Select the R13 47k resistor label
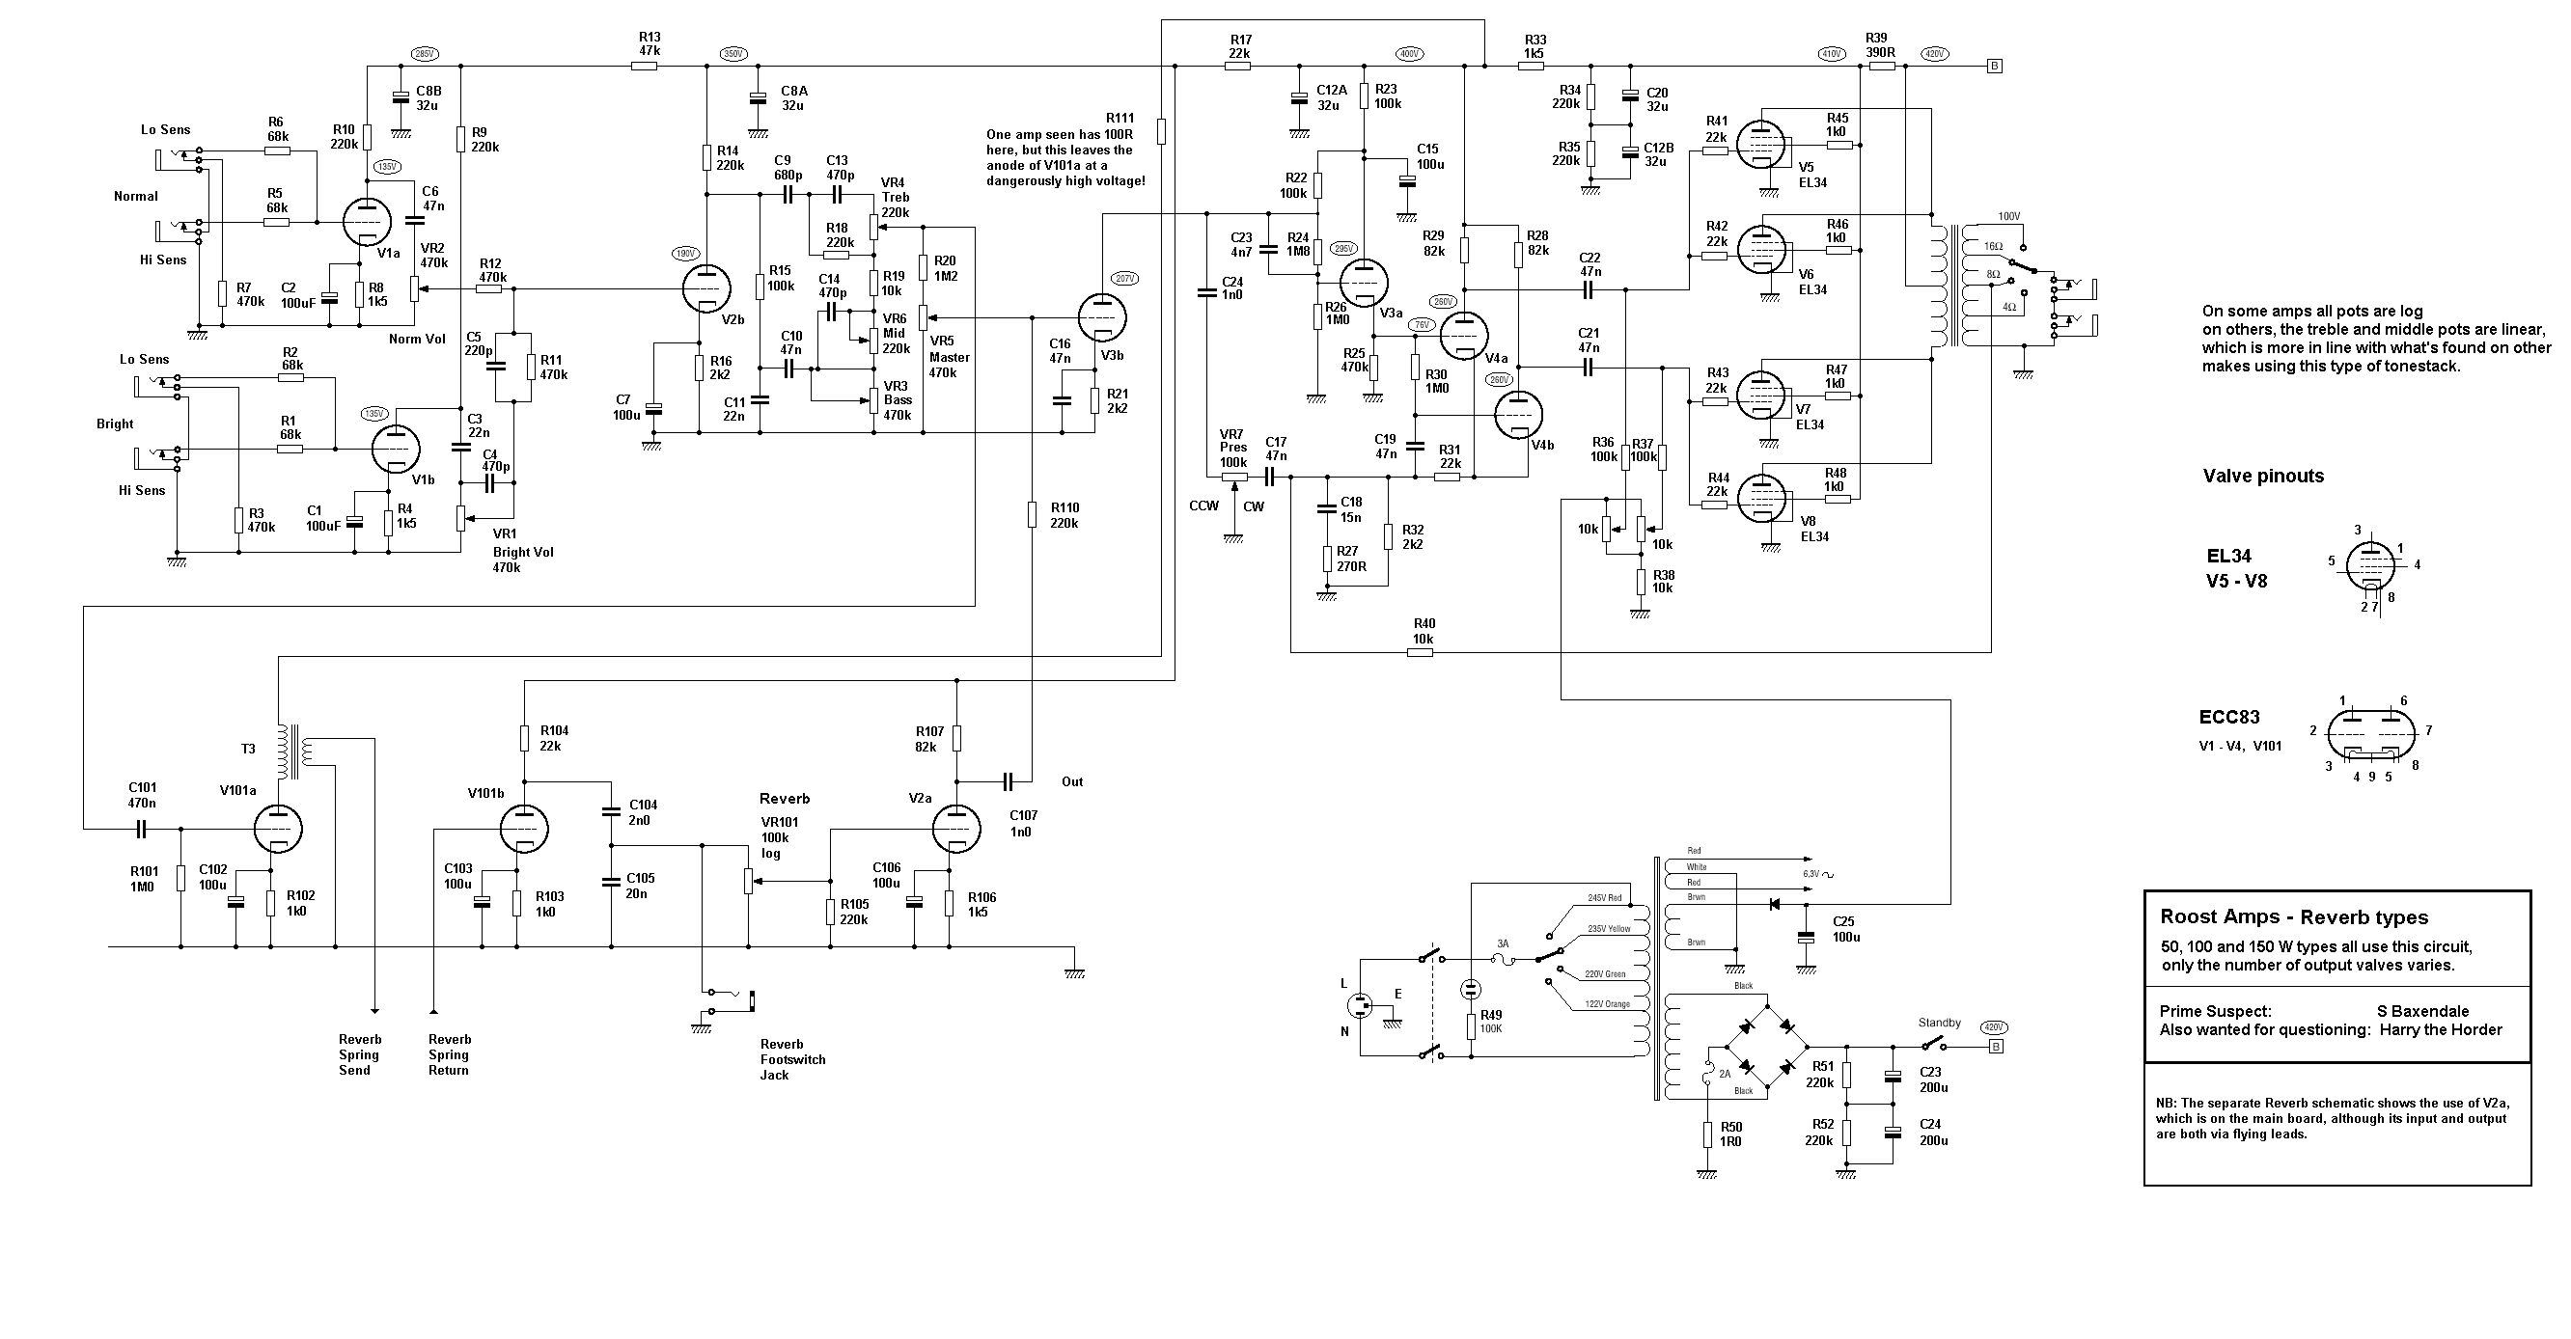650,44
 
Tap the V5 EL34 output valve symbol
1760,146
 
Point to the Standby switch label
1939,1023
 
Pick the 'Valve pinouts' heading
2262,476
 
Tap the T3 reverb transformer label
249,749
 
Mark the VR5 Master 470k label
948,356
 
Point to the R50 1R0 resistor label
1730,1134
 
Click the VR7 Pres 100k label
1232,448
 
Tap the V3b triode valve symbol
1101,315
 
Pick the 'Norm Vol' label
417,340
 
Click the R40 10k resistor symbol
1421,652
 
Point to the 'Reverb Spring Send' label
358,1054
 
